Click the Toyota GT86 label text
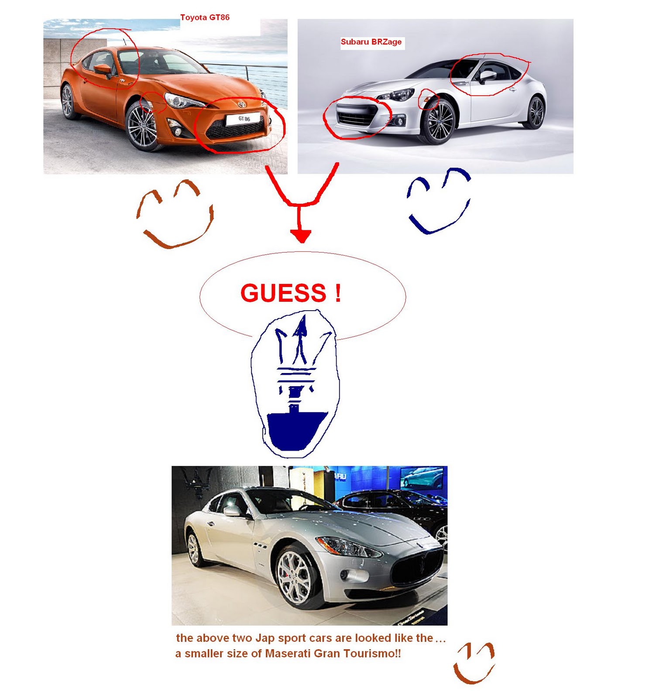pos(205,17)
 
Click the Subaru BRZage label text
pos(371,42)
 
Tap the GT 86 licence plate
pos(244,119)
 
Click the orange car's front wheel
pos(142,127)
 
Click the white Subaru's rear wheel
pos(535,112)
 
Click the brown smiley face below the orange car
pos(175,214)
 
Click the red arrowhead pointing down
pos(300,236)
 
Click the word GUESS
pos(283,293)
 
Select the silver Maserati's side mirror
pos(232,511)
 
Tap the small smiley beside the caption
pos(474,663)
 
